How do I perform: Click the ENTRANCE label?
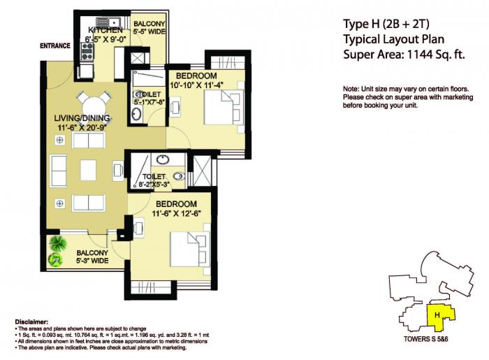point(55,46)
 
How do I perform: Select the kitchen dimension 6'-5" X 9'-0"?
point(103,39)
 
